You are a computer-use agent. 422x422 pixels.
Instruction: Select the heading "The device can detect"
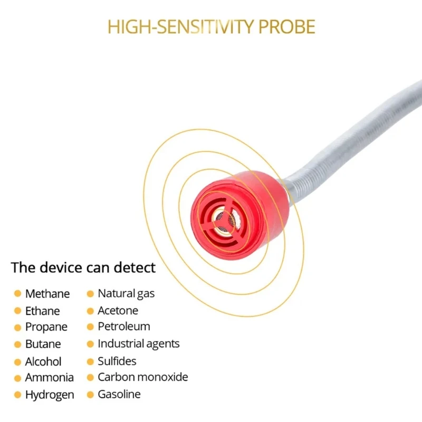click(x=83, y=267)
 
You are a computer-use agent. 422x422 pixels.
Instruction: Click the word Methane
click(x=47, y=294)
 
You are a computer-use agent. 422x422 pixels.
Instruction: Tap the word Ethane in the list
click(x=43, y=311)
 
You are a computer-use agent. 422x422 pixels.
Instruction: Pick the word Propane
click(x=46, y=328)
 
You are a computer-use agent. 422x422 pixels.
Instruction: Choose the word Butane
click(x=43, y=344)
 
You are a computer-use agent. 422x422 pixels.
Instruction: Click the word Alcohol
click(x=43, y=361)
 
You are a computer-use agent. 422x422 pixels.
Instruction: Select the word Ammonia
click(x=50, y=378)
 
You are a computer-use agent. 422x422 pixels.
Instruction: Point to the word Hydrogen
click(x=50, y=395)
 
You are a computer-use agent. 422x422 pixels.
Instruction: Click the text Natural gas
click(x=126, y=294)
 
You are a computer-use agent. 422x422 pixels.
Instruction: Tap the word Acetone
click(x=118, y=311)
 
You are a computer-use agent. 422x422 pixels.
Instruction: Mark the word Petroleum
click(x=124, y=327)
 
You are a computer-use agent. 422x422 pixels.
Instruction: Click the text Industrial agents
click(x=139, y=344)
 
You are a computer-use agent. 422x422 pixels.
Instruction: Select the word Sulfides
click(x=117, y=361)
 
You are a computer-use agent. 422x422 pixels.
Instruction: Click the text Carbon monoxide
click(x=142, y=377)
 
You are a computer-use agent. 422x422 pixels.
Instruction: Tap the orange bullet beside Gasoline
click(x=91, y=394)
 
